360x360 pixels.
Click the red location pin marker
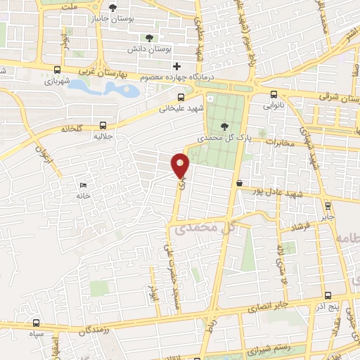tap(181, 165)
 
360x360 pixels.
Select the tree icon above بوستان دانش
tap(148, 38)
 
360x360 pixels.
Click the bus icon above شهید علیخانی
tap(181, 98)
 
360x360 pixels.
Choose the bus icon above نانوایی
tap(274, 95)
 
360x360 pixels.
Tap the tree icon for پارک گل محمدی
tap(224, 126)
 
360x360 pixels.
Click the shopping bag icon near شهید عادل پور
tap(240, 184)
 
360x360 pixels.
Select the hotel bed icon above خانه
tap(84, 185)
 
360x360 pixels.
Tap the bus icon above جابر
tap(328, 205)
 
